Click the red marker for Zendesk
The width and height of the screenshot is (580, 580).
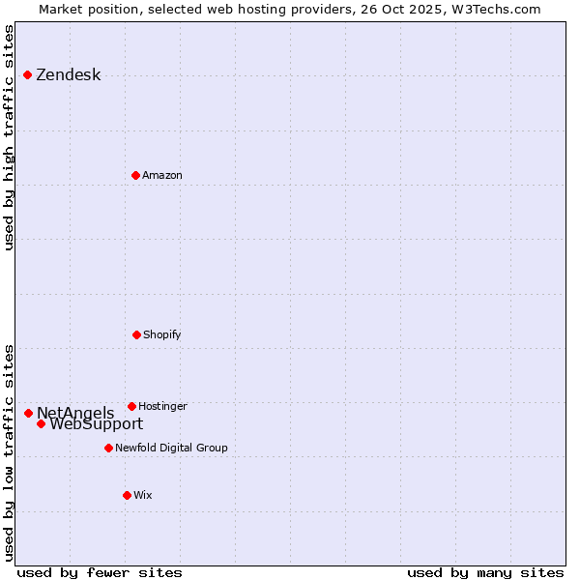coord(28,75)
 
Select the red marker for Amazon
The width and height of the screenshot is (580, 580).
coord(136,175)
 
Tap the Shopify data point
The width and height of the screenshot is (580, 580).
coord(136,334)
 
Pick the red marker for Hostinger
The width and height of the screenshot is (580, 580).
coord(131,406)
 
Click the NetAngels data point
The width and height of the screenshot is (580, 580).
coord(28,413)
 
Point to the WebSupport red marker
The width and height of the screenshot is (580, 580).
coord(41,423)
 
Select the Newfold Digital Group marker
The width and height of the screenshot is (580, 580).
coord(108,448)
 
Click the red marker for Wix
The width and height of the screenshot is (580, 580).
coord(127,495)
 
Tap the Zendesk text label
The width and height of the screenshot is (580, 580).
coord(69,75)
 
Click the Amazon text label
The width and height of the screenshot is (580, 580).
coord(162,175)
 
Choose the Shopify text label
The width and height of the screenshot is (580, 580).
coord(162,334)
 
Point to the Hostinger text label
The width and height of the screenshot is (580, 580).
coord(162,406)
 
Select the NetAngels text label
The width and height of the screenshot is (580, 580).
coord(75,413)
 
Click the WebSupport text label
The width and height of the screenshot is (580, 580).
coord(97,424)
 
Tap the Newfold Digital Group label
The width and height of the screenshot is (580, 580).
coord(171,448)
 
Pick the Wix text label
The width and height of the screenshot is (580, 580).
coord(143,495)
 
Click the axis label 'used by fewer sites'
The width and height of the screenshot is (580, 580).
coord(100,572)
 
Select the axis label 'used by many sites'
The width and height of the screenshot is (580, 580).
coord(485,572)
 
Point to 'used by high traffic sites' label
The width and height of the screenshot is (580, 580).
coord(10,137)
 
